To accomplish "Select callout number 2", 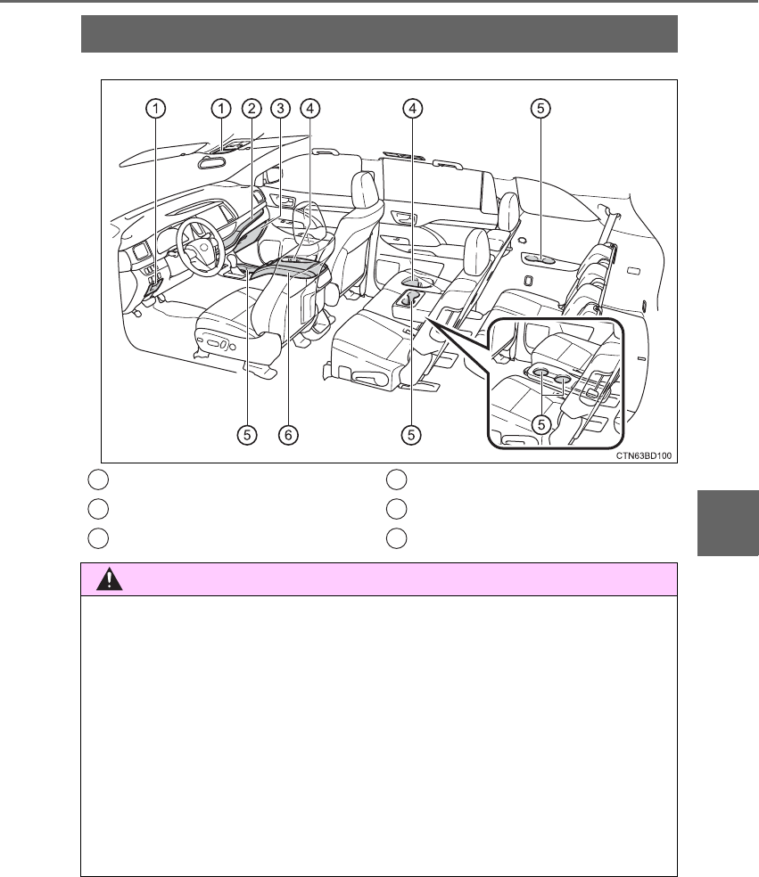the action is (252, 109).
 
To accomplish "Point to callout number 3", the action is (280, 109).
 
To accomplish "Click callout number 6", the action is (288, 435).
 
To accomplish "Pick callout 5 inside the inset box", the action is (540, 424).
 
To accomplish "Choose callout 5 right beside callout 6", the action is (247, 435).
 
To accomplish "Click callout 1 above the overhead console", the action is (221, 109).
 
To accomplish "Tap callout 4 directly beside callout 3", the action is (310, 109).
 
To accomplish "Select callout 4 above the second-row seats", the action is (413, 109).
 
